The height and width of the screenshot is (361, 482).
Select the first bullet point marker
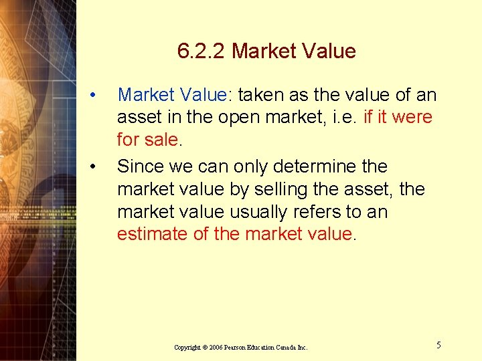[98, 95]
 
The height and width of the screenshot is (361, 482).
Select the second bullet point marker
[98, 165]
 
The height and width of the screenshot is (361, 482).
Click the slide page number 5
[438, 345]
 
